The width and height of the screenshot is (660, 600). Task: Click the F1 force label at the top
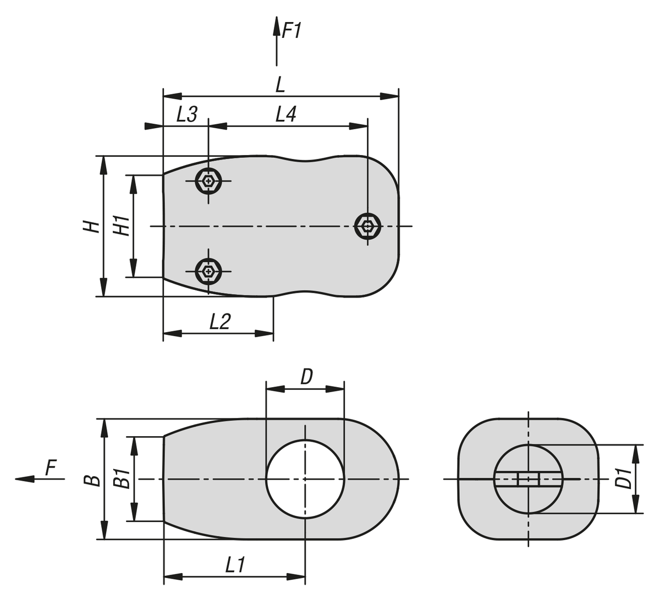tap(291, 30)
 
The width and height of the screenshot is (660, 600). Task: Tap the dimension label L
tap(280, 84)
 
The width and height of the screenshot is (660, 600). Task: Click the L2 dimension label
tap(219, 321)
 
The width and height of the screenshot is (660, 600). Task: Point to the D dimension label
tap(306, 377)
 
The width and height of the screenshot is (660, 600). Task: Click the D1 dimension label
tap(622, 478)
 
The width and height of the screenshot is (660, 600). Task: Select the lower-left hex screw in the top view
tap(208, 271)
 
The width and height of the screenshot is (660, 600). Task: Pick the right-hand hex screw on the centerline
tap(367, 225)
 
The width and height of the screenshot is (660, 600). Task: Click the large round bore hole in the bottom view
tap(305, 478)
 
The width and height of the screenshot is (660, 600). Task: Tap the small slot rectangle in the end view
tap(528, 479)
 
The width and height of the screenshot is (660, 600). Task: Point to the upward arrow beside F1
tap(276, 38)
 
